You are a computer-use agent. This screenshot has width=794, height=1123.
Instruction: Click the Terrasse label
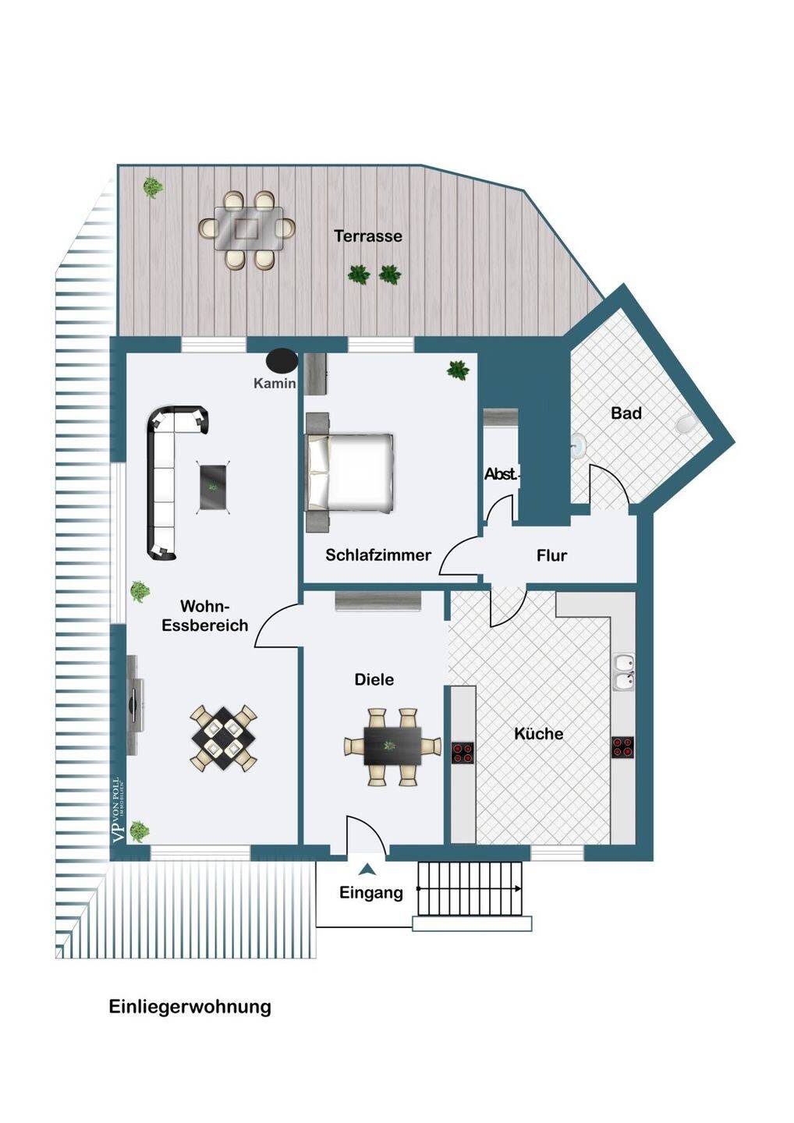point(368,236)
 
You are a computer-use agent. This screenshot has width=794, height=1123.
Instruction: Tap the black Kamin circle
point(282,360)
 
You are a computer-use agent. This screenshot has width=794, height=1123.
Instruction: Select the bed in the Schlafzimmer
point(350,473)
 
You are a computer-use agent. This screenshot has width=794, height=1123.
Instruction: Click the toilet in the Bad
point(685,424)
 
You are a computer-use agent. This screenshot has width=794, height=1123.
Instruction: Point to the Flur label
point(551,555)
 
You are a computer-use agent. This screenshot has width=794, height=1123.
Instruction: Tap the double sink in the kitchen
point(625,671)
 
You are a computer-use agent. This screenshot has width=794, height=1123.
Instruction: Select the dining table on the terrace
point(248,228)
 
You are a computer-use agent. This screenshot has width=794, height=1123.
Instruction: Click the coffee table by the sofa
point(213,486)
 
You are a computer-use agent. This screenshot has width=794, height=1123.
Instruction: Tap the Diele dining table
point(392,746)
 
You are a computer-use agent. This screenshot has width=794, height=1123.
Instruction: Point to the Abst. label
point(501,474)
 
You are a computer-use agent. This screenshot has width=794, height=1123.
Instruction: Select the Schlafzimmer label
point(378,555)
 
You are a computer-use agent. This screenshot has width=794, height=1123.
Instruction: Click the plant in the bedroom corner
point(458,370)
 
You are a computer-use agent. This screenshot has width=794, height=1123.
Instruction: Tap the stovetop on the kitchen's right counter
point(622,746)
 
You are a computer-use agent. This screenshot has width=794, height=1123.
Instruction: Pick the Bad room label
point(626,413)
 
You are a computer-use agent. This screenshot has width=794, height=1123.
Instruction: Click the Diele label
point(374,679)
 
